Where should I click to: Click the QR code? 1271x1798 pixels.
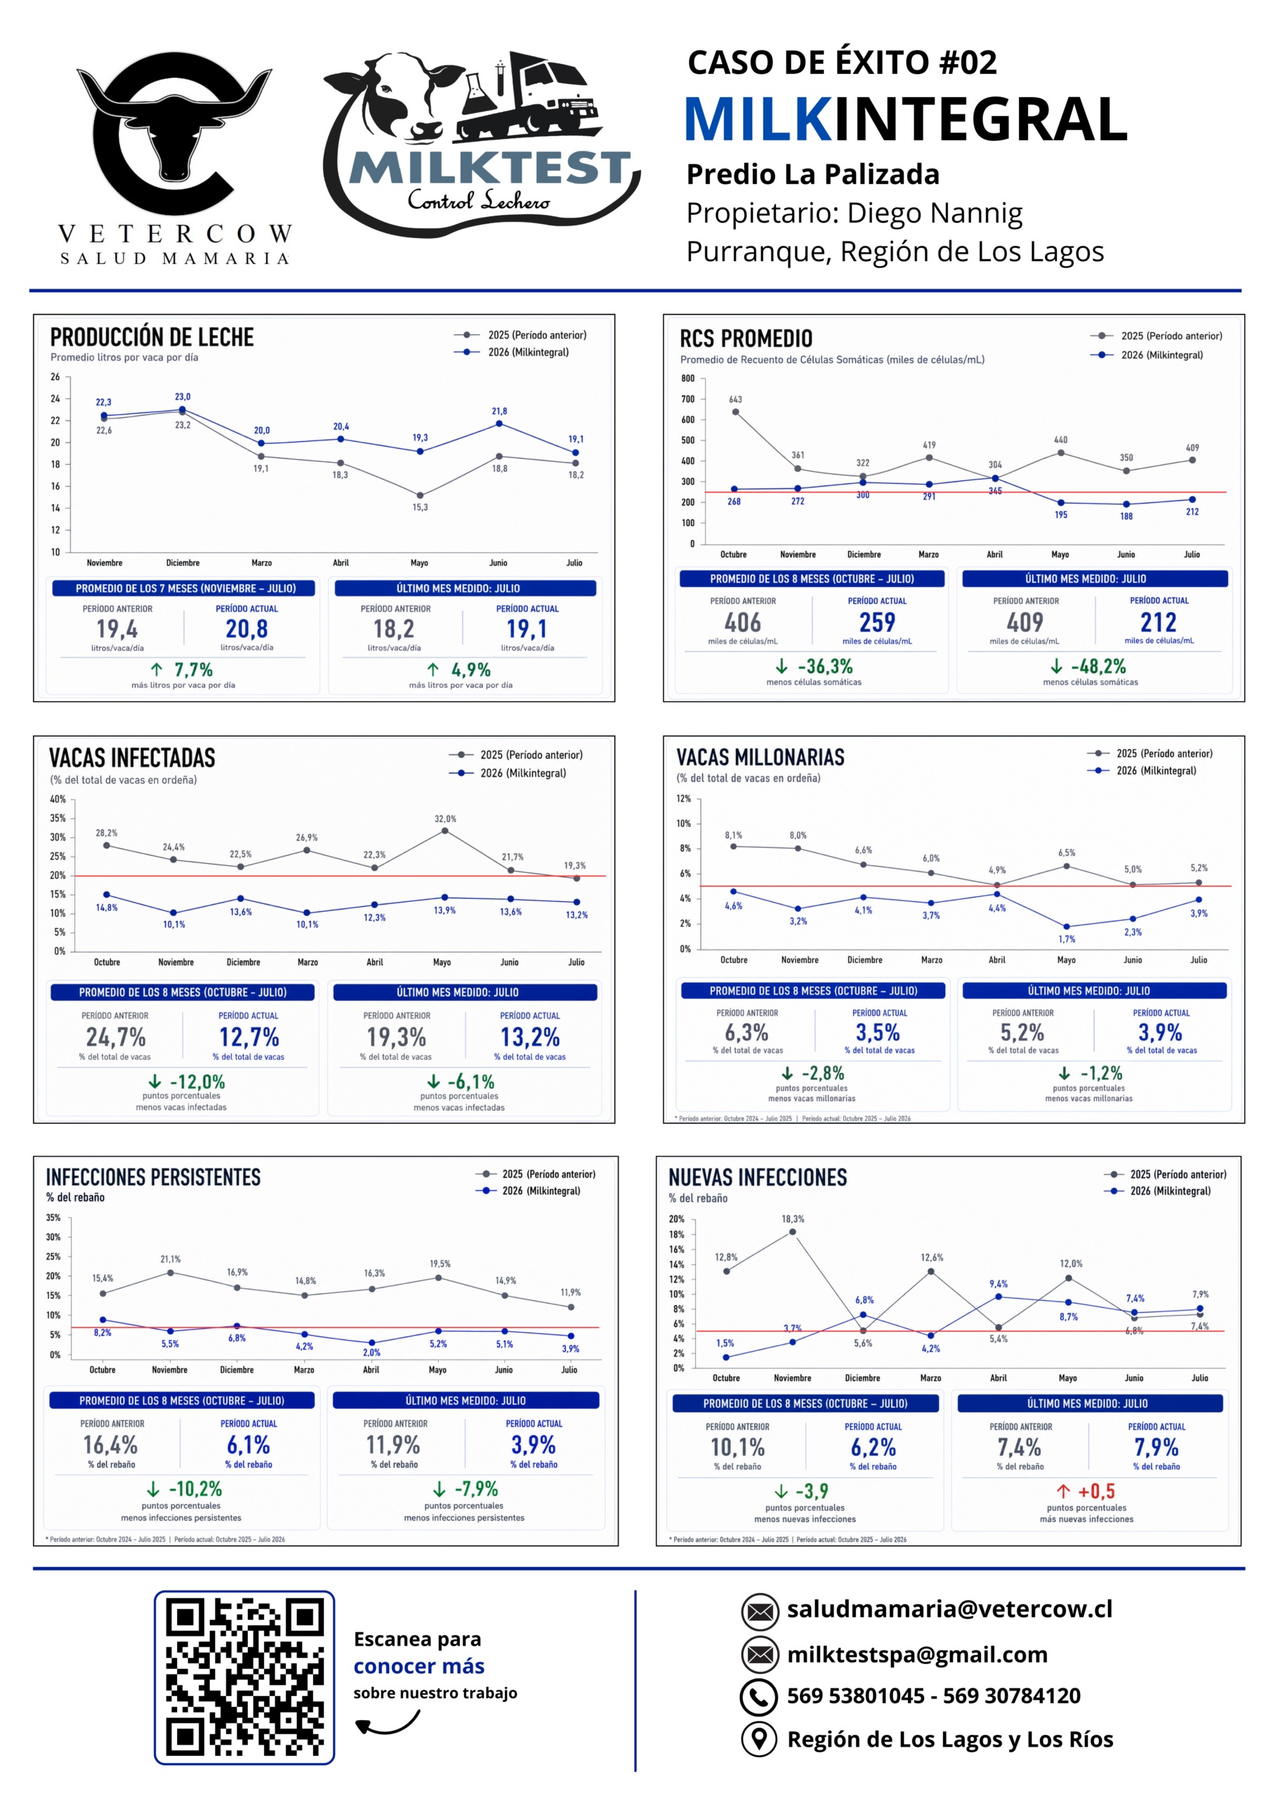pos(244,1677)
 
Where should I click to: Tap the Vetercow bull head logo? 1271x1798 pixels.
pos(174,134)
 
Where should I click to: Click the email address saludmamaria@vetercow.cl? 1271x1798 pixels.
pos(949,1608)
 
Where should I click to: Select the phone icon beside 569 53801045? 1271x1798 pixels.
pos(759,1697)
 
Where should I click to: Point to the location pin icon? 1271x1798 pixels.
pos(759,1739)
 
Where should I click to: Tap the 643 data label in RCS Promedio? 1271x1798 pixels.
pos(735,400)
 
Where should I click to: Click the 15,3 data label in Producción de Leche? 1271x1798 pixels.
pos(421,508)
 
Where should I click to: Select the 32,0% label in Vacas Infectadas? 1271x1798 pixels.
pos(446,819)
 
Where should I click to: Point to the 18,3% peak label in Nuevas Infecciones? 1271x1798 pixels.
pos(793,1219)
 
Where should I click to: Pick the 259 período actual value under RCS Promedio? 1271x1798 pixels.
pos(877,622)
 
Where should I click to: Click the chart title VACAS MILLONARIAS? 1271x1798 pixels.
pos(760,757)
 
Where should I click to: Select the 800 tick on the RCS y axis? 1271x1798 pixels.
pos(687,379)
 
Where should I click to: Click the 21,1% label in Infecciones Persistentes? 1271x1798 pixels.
pos(171,1259)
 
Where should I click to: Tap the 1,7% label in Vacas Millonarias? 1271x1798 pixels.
pos(1067,939)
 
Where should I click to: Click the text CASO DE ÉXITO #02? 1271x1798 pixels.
pos(842,63)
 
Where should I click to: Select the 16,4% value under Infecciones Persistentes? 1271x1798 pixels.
pos(110,1445)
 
